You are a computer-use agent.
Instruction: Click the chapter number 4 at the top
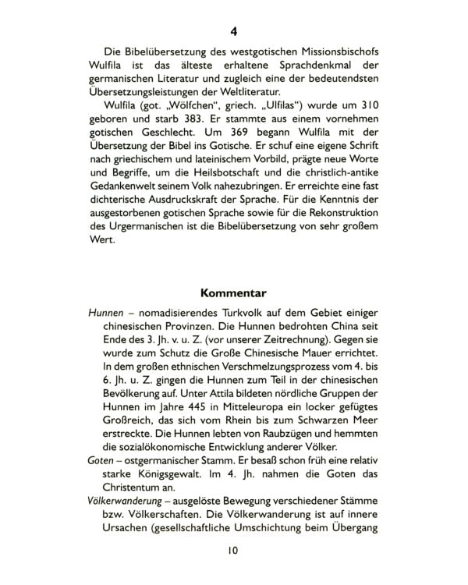point(234,32)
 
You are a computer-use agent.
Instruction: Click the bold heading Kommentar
point(234,293)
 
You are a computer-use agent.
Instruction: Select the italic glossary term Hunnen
point(106,312)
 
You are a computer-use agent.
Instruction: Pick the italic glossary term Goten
point(103,461)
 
